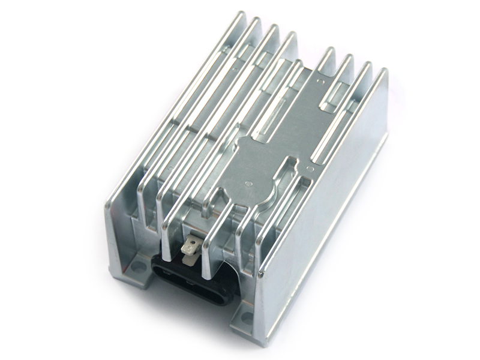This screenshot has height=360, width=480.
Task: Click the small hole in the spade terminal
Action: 193,242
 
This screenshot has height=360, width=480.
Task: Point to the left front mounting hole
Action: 139,265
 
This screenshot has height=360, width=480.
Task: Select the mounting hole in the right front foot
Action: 247,319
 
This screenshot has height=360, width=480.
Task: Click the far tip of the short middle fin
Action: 298,62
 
